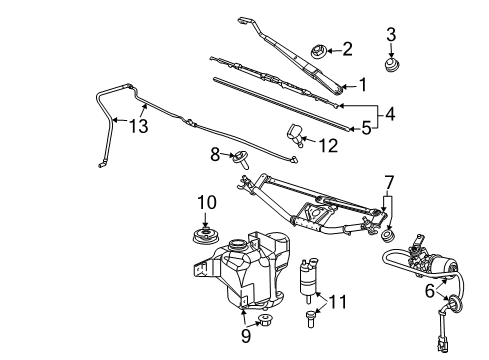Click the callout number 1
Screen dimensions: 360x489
[x=364, y=84]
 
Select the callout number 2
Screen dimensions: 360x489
[x=348, y=47]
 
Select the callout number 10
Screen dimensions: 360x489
[x=206, y=203]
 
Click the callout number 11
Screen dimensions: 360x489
[x=339, y=301]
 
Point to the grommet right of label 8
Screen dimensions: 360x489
[x=240, y=157]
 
